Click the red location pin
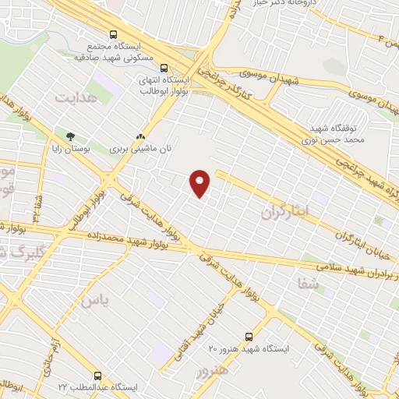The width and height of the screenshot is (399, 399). tap(200, 182)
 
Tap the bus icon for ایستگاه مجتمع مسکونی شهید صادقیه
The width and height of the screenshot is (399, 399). tap(114, 35)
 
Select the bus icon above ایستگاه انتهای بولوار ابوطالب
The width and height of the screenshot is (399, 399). tap(164, 68)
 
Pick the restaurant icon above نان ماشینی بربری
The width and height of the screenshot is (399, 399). tap(140, 134)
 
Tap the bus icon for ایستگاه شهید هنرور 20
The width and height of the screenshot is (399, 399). tap(249, 337)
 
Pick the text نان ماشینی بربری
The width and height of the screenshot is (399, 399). tap(139, 147)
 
